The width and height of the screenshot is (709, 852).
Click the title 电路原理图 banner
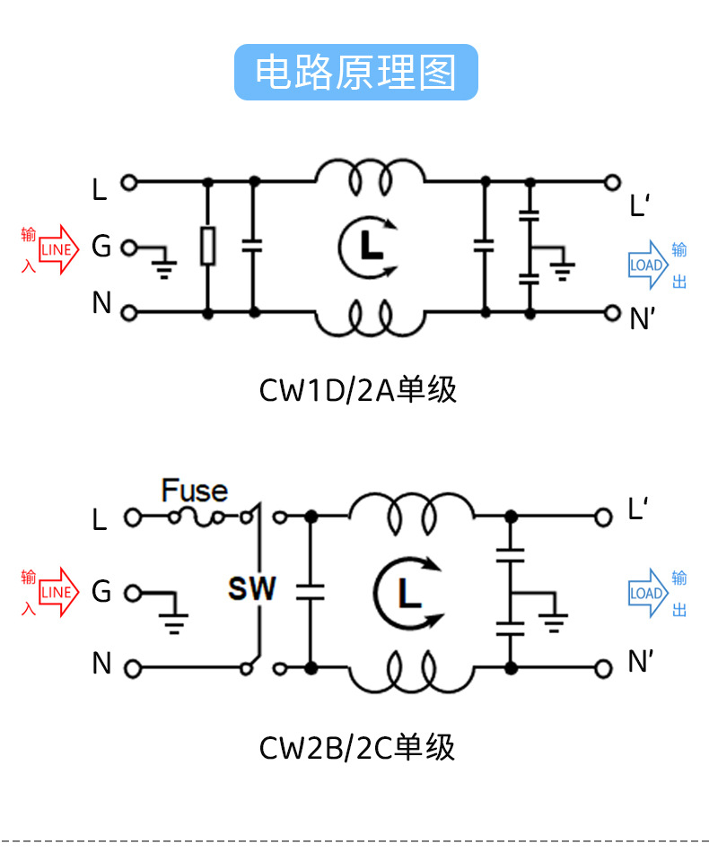[x=355, y=71]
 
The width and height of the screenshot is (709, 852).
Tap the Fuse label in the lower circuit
[x=194, y=491]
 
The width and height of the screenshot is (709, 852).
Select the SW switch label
[x=252, y=589]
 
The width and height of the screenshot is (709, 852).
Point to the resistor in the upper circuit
[x=208, y=246]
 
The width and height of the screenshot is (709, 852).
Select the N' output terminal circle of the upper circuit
[x=613, y=313]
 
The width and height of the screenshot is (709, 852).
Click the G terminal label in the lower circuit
[x=101, y=592]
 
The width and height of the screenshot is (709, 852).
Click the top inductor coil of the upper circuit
[x=370, y=176]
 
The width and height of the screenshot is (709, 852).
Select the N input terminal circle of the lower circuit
[x=132, y=668]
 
